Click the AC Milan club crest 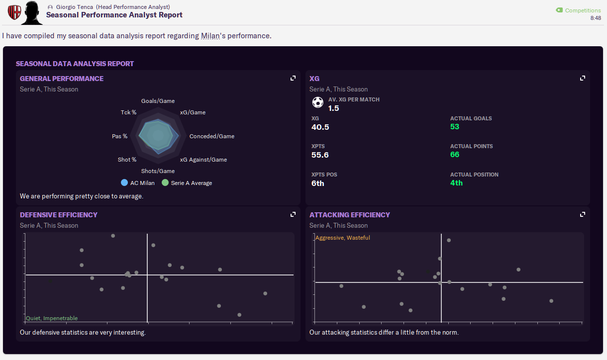click(x=14, y=12)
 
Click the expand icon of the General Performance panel click(x=293, y=78)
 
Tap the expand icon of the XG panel click(x=583, y=78)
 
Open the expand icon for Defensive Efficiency click(x=293, y=214)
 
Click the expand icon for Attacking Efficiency click(x=583, y=214)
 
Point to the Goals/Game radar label click(x=158, y=101)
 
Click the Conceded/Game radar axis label click(x=211, y=136)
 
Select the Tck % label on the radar click(x=128, y=112)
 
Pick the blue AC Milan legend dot click(x=124, y=182)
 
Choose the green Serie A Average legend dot click(x=165, y=182)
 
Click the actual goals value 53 click(x=454, y=127)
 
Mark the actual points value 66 click(x=454, y=155)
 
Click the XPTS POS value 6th click(x=317, y=183)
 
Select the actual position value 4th click(x=456, y=183)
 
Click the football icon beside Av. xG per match click(x=317, y=102)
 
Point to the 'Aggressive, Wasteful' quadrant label click(x=343, y=238)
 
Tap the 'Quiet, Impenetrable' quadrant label click(x=52, y=318)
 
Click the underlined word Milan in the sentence click(x=210, y=36)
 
